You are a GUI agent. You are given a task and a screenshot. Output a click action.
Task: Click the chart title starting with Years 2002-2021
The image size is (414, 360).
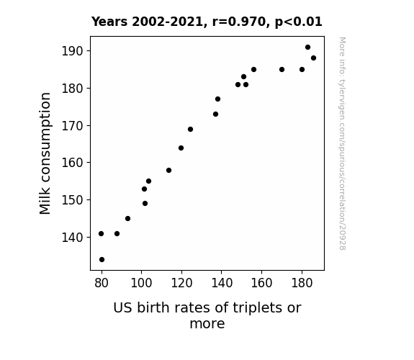[x=207, y=22]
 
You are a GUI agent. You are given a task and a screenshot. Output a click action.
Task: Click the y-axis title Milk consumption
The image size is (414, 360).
[x=45, y=153]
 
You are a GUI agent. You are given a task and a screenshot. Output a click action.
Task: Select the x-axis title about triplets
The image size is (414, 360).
[x=207, y=315]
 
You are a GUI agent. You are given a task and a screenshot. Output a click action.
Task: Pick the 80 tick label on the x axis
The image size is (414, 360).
[x=102, y=283]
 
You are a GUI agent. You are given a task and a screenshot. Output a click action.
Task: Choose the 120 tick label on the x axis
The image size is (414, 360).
[x=181, y=283]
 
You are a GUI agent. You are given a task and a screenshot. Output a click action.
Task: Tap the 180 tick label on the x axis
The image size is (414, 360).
[x=302, y=283]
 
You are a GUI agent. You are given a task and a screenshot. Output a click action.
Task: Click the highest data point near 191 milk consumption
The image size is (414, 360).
[x=307, y=48]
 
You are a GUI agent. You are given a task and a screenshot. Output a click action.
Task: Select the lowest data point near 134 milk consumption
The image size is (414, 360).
[x=102, y=260]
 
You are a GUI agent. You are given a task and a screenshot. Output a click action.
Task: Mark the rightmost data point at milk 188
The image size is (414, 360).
[x=313, y=58]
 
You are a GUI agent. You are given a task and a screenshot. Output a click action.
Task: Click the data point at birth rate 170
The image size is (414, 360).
[x=282, y=69]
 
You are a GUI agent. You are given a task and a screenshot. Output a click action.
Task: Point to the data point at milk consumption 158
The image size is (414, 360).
[x=168, y=171]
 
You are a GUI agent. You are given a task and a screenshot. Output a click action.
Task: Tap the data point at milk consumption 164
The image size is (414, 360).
[x=181, y=148]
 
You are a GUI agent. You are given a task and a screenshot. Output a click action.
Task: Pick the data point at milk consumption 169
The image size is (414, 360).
[x=190, y=129]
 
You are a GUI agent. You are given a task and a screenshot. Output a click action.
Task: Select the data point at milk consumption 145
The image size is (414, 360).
[x=127, y=218]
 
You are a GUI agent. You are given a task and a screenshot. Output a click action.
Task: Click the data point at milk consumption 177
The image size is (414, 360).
[x=217, y=99]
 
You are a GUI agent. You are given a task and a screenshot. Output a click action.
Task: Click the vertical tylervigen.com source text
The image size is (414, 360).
[x=342, y=143]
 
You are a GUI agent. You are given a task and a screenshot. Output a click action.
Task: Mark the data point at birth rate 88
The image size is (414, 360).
[x=117, y=233]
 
